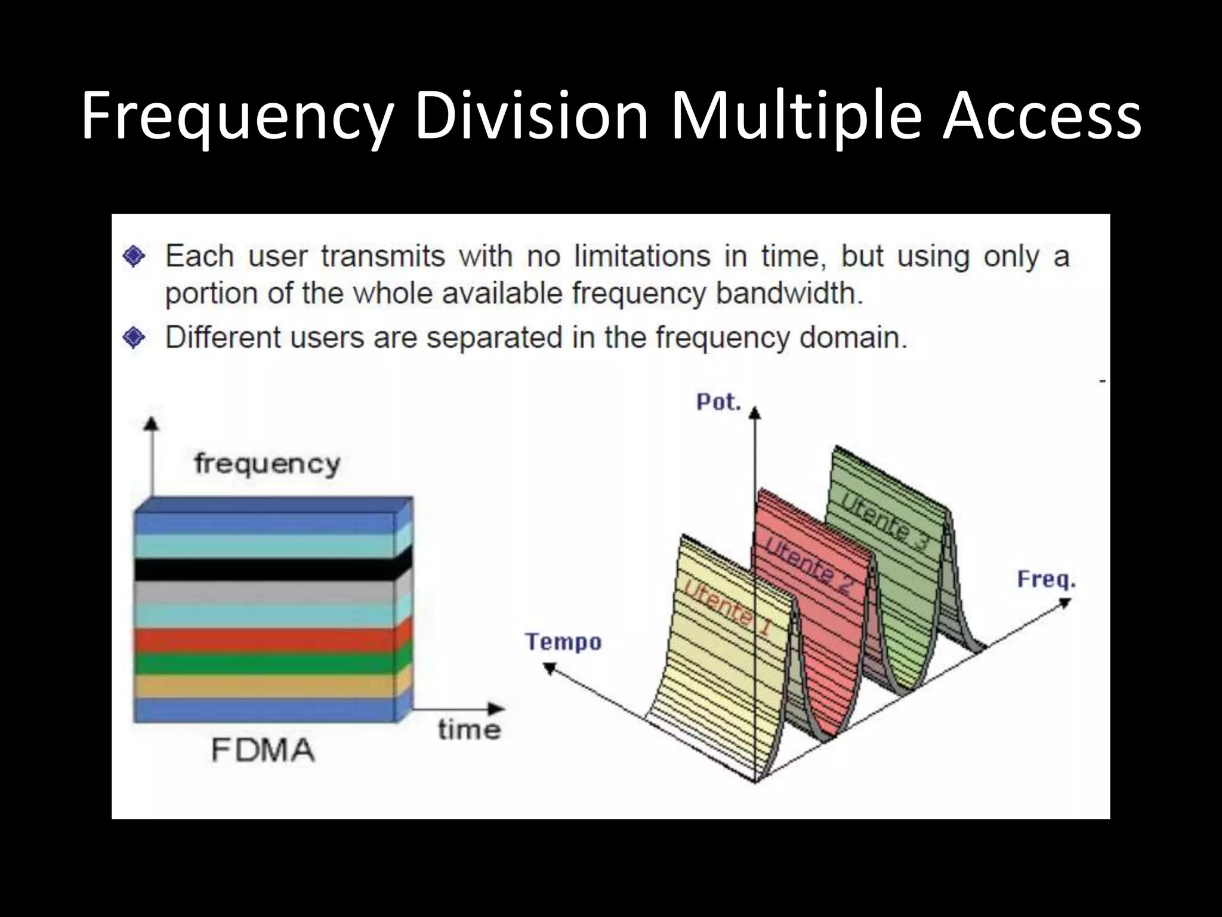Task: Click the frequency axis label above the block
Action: pyautogui.click(x=267, y=464)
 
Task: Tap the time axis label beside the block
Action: pyautogui.click(x=469, y=730)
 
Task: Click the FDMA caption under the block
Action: pyautogui.click(x=263, y=750)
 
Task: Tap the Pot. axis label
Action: pyautogui.click(x=718, y=402)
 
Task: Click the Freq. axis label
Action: pyautogui.click(x=1046, y=579)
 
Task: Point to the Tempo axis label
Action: pyautogui.click(x=563, y=642)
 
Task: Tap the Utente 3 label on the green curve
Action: pyautogui.click(x=885, y=519)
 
